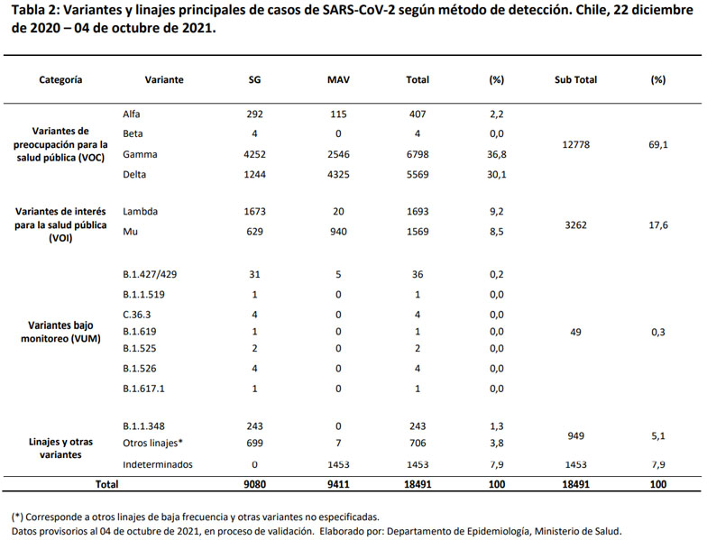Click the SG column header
coord(254,79)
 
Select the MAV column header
coord(338,79)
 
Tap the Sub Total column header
coord(575,79)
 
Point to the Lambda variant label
coord(142,211)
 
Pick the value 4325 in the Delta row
coord(338,174)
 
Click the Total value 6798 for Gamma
coord(418,154)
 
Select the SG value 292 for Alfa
coord(254,114)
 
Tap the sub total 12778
coord(575,144)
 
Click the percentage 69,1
coord(657,144)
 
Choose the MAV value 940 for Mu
coord(338,231)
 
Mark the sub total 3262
coord(575,225)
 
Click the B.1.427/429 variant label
coord(150,275)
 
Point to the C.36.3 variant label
coord(138,315)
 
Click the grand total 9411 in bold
coord(338,484)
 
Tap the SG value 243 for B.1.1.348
coord(254,426)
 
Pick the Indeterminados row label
coord(157,464)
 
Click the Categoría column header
coord(60,79)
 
